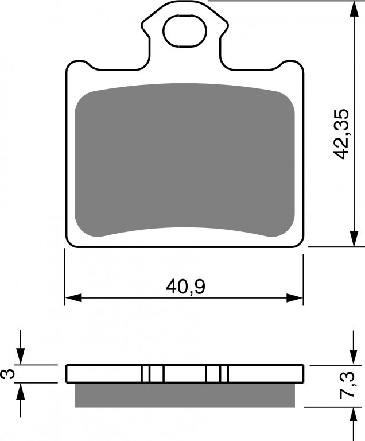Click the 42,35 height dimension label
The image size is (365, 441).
point(340,134)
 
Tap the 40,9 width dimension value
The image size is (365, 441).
point(185,287)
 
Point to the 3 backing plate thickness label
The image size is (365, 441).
point(8,374)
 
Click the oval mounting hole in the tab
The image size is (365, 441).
point(185,30)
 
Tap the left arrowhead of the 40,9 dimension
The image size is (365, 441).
point(73,298)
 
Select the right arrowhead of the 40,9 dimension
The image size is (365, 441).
point(295,298)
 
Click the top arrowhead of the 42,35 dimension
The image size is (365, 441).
point(354,10)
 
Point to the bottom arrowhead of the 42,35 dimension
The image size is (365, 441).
point(354,239)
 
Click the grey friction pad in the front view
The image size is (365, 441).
point(185,160)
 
